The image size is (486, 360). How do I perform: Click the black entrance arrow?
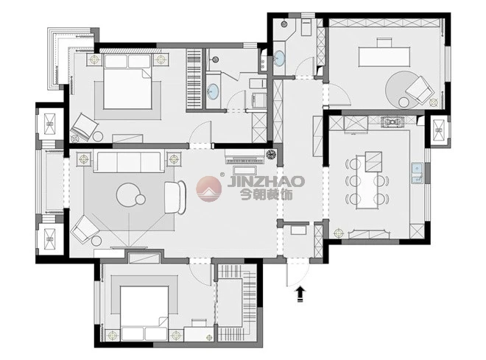[x=300, y=294]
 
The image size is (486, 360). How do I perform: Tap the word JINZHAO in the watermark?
[x=266, y=182]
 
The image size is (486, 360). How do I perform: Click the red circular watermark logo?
[x=209, y=188]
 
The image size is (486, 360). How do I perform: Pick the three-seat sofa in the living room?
[x=129, y=161]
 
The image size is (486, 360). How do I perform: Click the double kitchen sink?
[x=418, y=174]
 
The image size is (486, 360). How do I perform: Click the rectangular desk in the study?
[x=384, y=57]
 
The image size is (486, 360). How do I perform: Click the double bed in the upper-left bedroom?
[x=127, y=82]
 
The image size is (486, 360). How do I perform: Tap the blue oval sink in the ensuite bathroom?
[x=213, y=91]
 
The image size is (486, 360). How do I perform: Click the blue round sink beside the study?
[x=279, y=59]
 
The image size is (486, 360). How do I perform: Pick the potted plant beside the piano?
[x=271, y=155]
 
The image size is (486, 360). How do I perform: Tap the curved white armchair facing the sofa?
[x=175, y=197]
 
